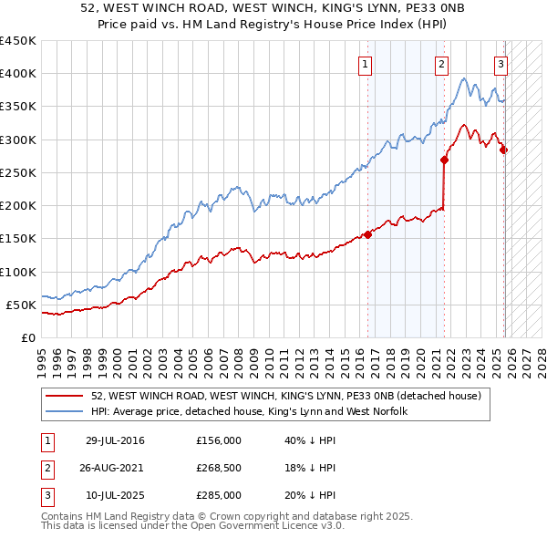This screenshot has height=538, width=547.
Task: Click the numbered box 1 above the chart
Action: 365,64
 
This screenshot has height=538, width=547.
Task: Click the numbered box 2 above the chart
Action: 441,64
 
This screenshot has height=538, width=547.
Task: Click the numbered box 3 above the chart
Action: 501,64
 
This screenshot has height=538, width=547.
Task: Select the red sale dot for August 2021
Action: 445,160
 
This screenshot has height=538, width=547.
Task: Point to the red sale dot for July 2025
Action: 504,150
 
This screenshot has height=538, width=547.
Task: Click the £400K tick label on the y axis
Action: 18,74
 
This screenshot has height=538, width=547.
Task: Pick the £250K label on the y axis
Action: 18,172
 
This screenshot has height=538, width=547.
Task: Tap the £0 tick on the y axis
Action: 27,337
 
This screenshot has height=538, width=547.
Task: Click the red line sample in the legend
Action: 64,396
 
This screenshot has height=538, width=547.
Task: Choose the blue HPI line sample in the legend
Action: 64,411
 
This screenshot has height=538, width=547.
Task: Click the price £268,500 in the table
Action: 219,468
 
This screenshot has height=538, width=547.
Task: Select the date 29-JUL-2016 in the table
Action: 115,441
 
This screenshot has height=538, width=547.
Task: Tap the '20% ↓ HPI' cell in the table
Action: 310,495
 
